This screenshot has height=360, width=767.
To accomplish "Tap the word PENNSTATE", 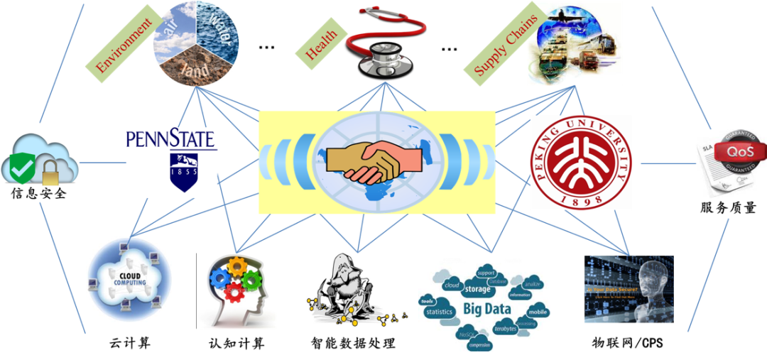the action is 171,138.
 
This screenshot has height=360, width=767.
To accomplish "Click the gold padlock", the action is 51,173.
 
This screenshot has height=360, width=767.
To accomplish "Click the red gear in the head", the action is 234,290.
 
